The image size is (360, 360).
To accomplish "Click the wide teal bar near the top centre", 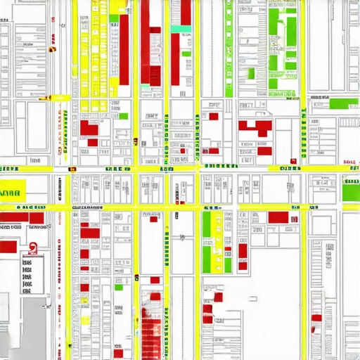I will [181, 30].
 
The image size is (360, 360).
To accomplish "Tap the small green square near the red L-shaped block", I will [124, 116].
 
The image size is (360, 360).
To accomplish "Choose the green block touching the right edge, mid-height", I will [351, 191].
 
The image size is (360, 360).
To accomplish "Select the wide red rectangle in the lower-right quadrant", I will [278, 218].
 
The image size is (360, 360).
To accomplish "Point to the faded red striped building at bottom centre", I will [151, 327].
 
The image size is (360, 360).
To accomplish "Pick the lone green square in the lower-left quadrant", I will [119, 287].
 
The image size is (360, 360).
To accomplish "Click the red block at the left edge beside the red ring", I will [8, 246].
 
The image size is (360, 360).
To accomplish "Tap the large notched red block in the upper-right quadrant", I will [257, 128].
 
